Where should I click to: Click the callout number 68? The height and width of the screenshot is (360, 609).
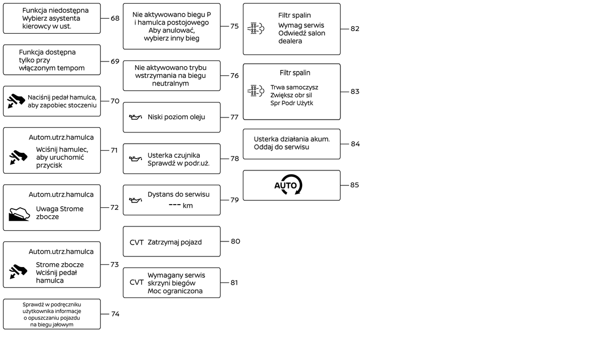tap(115, 18)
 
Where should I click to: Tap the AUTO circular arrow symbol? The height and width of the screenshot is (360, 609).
tap(289, 185)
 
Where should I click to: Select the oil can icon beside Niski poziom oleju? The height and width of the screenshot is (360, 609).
tap(136, 117)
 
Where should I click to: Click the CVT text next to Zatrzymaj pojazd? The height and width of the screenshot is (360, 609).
tap(137, 242)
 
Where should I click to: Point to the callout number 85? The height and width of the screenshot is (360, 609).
tap(354, 185)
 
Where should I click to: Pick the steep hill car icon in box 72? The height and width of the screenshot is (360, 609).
tap(19, 214)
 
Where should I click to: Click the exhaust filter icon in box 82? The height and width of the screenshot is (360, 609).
tap(256, 28)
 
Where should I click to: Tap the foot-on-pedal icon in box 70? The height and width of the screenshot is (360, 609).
tap(16, 101)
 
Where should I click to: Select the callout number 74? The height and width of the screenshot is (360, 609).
tap(115, 314)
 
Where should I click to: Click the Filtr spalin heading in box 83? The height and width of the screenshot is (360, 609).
tap(295, 73)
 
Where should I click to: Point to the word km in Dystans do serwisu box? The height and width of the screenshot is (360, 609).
tap(187, 206)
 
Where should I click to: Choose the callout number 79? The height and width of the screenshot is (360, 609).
tap(234, 200)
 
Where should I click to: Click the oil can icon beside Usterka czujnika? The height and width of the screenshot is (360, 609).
tap(136, 159)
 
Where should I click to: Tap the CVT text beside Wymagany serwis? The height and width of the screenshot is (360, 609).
tap(137, 282)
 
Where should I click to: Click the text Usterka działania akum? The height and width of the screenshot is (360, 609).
tap(291, 139)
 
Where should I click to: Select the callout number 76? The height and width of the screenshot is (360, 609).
tap(234, 75)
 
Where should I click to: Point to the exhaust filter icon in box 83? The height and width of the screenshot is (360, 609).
tap(256, 91)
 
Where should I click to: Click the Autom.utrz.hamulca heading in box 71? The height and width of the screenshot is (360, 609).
tap(61, 137)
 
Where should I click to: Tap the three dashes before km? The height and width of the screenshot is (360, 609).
tap(174, 206)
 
